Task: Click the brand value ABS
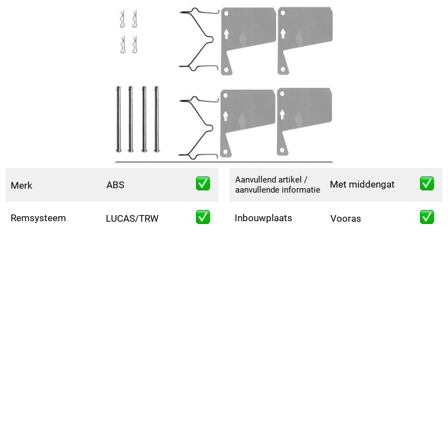click(115, 185)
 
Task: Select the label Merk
click(21, 185)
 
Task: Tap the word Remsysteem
click(38, 218)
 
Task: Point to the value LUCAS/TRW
click(132, 218)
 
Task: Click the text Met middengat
click(362, 184)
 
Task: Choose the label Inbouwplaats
click(263, 218)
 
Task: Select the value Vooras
click(346, 218)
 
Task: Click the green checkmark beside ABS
click(203, 184)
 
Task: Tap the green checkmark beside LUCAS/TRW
click(203, 217)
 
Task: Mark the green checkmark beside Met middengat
click(427, 184)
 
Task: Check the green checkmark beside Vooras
click(427, 217)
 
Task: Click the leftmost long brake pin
click(119, 119)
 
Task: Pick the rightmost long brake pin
click(157, 119)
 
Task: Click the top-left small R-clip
click(123, 19)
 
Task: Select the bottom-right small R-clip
click(135, 44)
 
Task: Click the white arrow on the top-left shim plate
click(226, 34)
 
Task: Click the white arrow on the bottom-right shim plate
click(282, 114)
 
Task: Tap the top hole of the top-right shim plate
click(283, 13)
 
